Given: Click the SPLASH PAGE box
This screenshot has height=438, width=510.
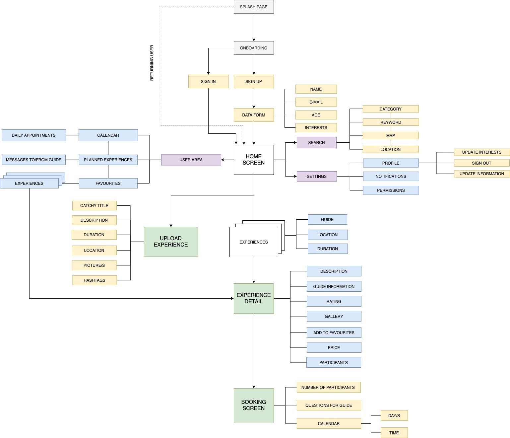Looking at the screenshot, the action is pyautogui.click(x=254, y=7).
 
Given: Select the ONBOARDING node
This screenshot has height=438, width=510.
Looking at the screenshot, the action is pyautogui.click(x=254, y=48).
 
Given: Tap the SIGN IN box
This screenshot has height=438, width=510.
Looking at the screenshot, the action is pyautogui.click(x=208, y=82).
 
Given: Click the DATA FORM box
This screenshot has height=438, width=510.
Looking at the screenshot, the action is pyautogui.click(x=254, y=115).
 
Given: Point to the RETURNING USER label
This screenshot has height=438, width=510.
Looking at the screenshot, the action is pyautogui.click(x=152, y=63).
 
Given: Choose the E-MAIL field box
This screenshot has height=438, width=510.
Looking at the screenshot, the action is pyautogui.click(x=316, y=102).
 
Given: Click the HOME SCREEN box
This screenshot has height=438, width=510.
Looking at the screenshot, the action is pyautogui.click(x=254, y=160).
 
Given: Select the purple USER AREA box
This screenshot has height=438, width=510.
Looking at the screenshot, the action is pyautogui.click(x=191, y=160).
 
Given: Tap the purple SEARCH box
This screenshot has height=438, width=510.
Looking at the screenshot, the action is pyautogui.click(x=317, y=142).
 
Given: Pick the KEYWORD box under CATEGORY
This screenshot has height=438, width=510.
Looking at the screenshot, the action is pyautogui.click(x=391, y=122).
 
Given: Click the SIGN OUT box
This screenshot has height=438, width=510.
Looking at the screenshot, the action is pyautogui.click(x=481, y=163).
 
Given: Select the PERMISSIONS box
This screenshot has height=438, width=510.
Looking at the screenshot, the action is pyautogui.click(x=391, y=190).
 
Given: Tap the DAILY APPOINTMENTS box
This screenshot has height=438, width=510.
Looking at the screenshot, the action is pyautogui.click(x=34, y=135).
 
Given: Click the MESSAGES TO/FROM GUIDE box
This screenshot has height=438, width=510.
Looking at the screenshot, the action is pyautogui.click(x=34, y=160).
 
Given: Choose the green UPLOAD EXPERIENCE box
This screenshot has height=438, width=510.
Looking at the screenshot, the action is pyautogui.click(x=171, y=242).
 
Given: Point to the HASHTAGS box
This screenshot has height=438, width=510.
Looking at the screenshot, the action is pyautogui.click(x=94, y=280).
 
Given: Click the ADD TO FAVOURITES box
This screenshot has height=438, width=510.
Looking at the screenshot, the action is pyautogui.click(x=334, y=332).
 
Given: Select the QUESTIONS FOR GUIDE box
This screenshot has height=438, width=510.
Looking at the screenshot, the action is pyautogui.click(x=329, y=405).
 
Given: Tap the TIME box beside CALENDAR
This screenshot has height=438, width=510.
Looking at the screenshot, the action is pyautogui.click(x=394, y=433).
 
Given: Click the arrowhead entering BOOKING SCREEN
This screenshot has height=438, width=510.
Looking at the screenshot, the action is pyautogui.click(x=254, y=387).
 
